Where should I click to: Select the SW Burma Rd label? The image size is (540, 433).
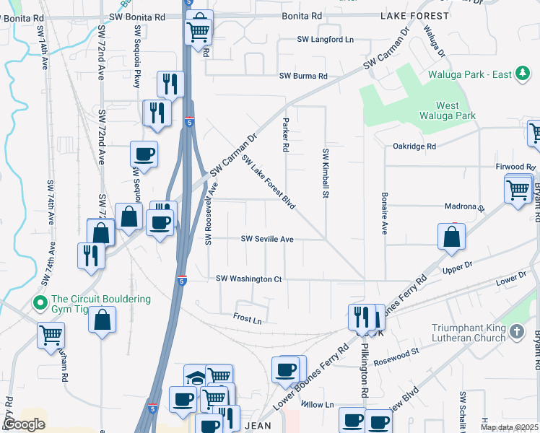[x=303, y=76]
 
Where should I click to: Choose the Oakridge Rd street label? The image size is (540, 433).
[x=414, y=146]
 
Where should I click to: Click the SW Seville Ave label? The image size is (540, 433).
[x=267, y=239]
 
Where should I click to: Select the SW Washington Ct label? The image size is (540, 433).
[x=249, y=279]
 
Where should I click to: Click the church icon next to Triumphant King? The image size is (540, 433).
[x=515, y=331]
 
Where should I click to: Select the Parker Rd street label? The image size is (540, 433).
[x=286, y=135]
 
